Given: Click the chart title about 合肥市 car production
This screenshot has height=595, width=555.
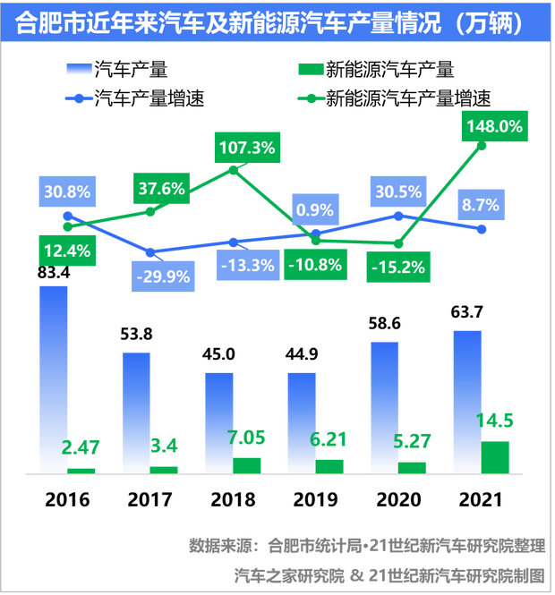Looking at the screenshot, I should tap(269, 22).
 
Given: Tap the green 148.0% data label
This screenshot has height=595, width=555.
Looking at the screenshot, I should tap(491, 126).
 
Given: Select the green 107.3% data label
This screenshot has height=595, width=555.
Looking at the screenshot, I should tap(244, 148).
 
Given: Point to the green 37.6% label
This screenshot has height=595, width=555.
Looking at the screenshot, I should tap(161, 189).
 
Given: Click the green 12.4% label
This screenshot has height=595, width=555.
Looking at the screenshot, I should tap(65, 251).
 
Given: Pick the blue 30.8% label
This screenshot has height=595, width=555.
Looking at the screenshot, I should tap(65, 191).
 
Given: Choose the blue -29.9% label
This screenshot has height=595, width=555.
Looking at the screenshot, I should tap(161, 276).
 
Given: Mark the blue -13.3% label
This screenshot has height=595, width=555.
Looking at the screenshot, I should tap(244, 266).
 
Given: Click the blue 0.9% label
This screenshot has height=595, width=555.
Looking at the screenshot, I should tap(314, 210).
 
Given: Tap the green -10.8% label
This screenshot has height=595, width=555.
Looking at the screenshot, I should tap(316, 265).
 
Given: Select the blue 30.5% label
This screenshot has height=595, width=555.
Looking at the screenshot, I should tap(397, 191).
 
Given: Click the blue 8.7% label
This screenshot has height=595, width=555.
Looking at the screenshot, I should tap(480, 205).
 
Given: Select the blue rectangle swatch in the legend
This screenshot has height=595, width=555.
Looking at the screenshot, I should tap(80, 69).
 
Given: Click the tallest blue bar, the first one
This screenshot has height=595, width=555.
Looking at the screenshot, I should tap(53, 376).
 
